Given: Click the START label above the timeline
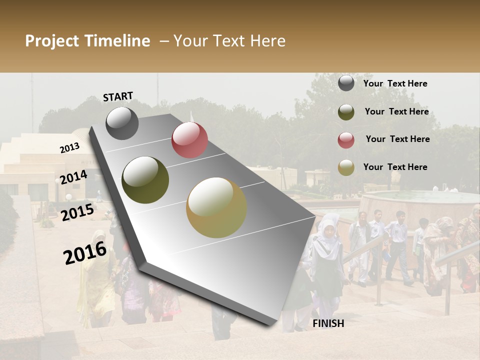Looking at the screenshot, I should pyautogui.click(x=118, y=96).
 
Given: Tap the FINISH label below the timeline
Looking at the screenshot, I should pyautogui.click(x=328, y=323).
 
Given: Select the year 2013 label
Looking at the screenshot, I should pyautogui.click(x=69, y=148).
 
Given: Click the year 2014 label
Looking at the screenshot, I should pyautogui.click(x=74, y=177).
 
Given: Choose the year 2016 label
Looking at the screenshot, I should pyautogui.click(x=85, y=253).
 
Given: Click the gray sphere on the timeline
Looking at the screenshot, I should pyautogui.click(x=122, y=123).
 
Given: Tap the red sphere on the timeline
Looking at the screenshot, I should pyautogui.click(x=189, y=140).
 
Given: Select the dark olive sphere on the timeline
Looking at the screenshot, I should pyautogui.click(x=145, y=180).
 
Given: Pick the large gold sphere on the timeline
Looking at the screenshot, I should pyautogui.click(x=216, y=207).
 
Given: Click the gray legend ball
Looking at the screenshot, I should pyautogui.click(x=346, y=83).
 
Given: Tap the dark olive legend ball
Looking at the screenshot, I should pyautogui.click(x=346, y=112).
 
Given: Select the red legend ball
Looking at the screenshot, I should pyautogui.click(x=346, y=140).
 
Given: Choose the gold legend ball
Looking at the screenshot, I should pyautogui.click(x=346, y=167).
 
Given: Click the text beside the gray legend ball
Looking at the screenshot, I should pyautogui.click(x=395, y=83).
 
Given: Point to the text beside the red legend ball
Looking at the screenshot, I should pyautogui.click(x=397, y=139).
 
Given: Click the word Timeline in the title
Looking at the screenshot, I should pyautogui.click(x=117, y=41).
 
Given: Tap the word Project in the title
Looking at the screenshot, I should pyautogui.click(x=51, y=41).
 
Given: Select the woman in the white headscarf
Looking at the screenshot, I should pyautogui.click(x=327, y=250).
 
